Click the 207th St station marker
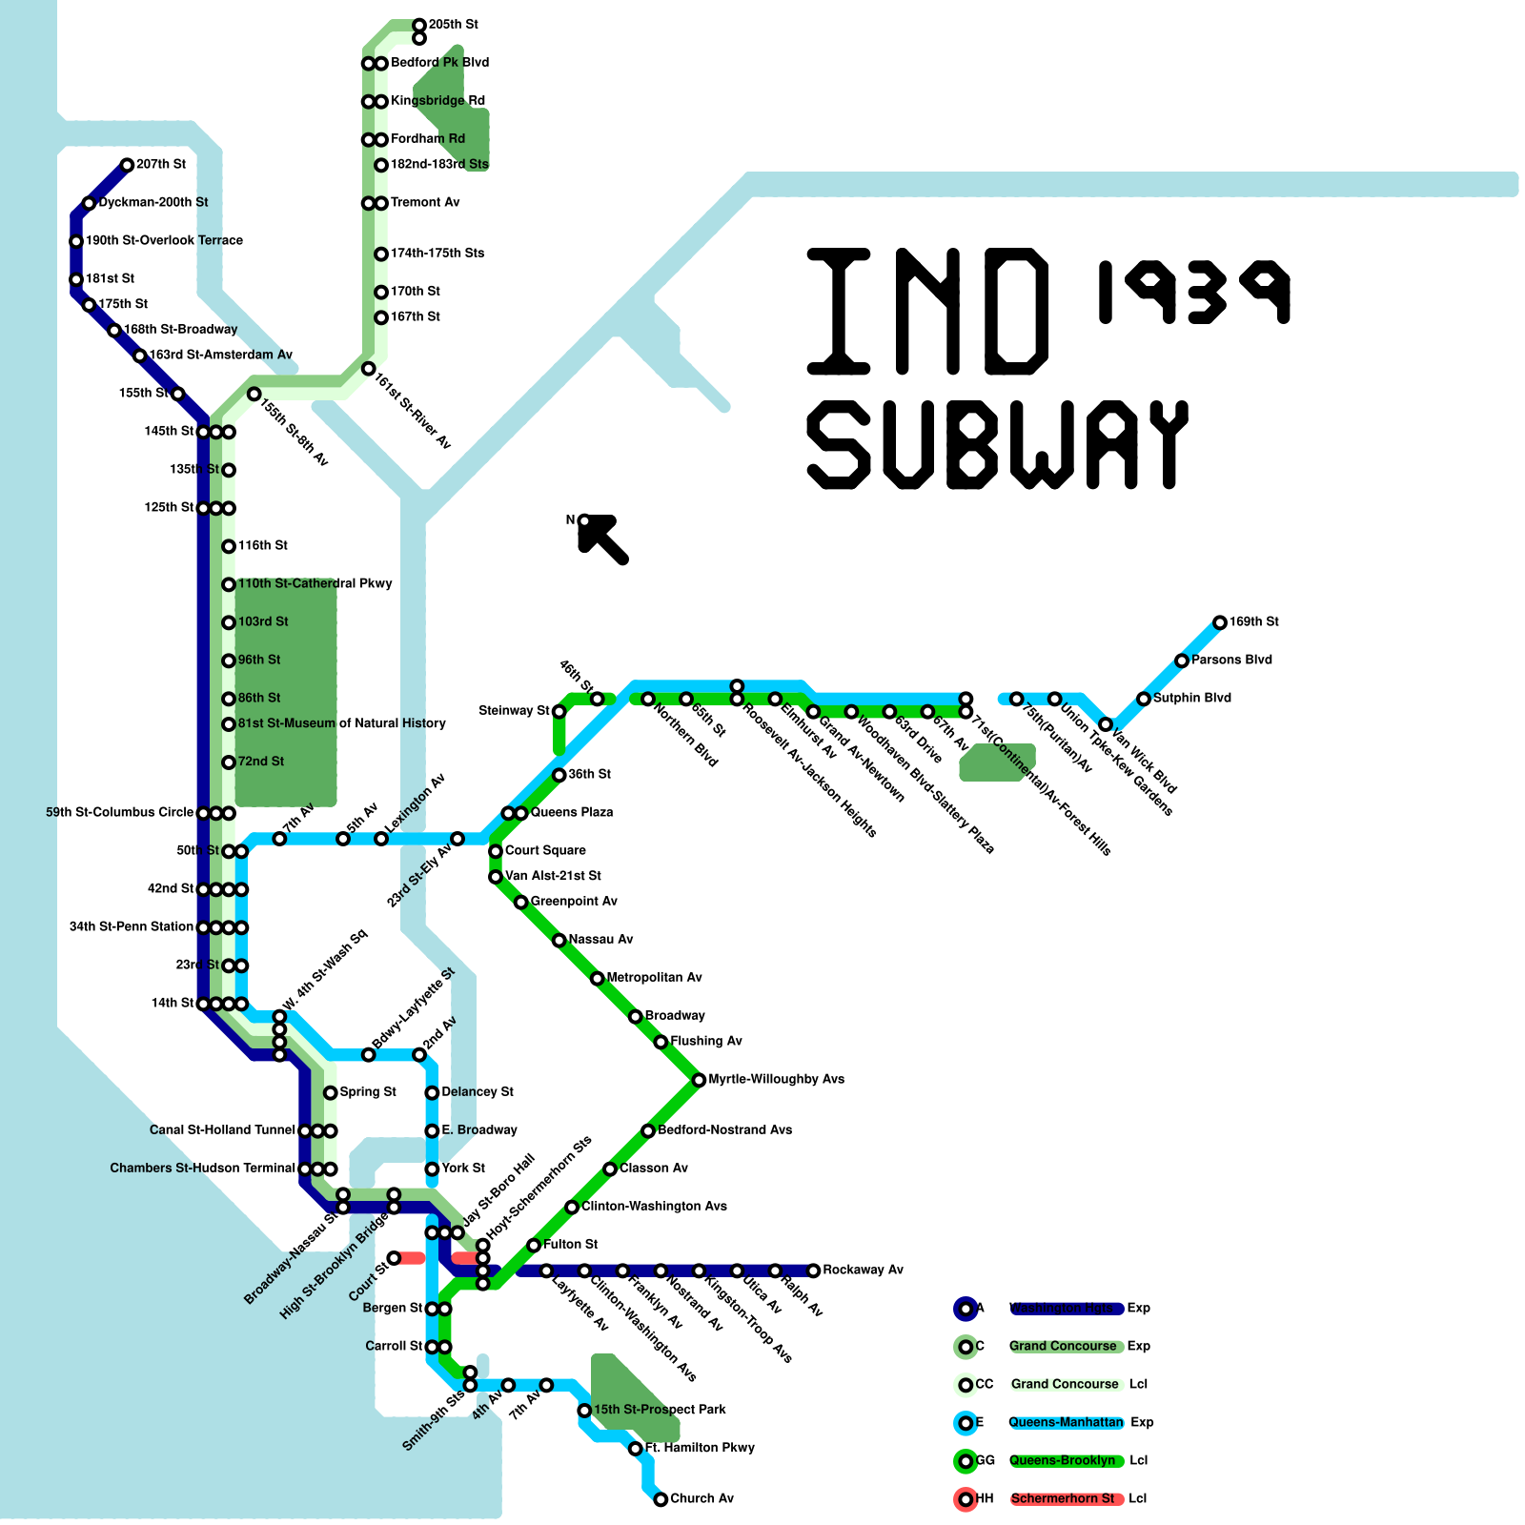pos(127,165)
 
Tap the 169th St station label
pos(1253,621)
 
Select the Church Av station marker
pos(661,1499)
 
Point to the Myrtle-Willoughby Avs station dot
pos(699,1080)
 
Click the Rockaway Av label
pos(863,1270)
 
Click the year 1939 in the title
pos(1193,291)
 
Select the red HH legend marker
pos(966,1499)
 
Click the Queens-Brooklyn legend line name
pos(1062,1460)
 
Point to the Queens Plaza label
pos(571,812)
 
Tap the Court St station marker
pos(394,1258)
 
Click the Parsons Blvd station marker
pos(1182,661)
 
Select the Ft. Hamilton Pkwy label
pos(700,1448)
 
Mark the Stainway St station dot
pos(559,711)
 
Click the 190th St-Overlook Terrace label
pos(164,240)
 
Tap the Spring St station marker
pos(330,1092)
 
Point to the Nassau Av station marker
pos(559,941)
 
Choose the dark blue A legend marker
pos(966,1309)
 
